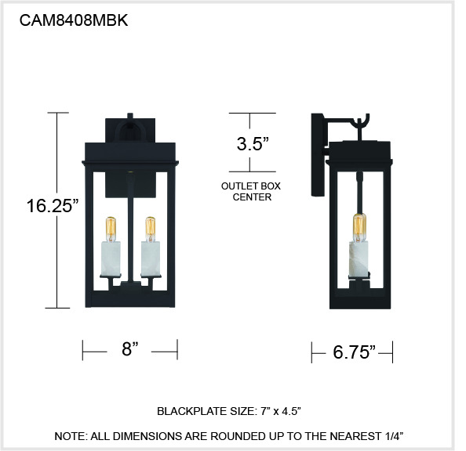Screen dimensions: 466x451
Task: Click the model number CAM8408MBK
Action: pos(74,20)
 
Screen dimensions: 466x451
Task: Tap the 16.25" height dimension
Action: pos(53,205)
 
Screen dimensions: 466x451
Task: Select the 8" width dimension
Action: pos(130,348)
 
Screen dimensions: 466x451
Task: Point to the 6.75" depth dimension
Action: pos(354,352)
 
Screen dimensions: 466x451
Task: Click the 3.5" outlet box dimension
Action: pos(253,144)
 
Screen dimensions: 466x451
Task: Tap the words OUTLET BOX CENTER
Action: pos(251,191)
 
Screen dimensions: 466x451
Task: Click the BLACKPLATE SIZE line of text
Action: pos(229,411)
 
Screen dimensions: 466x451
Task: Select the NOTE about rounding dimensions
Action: pos(229,436)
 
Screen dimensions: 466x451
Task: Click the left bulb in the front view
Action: pos(111,229)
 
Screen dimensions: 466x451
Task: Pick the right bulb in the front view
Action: pos(151,229)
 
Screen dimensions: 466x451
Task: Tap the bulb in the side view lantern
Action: pos(360,227)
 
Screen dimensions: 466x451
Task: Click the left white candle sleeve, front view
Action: pos(111,258)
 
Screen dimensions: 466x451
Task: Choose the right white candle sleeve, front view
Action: pos(151,258)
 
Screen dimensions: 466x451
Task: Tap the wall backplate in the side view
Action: pos(317,154)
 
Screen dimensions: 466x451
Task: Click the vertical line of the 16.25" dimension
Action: pos(57,211)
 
